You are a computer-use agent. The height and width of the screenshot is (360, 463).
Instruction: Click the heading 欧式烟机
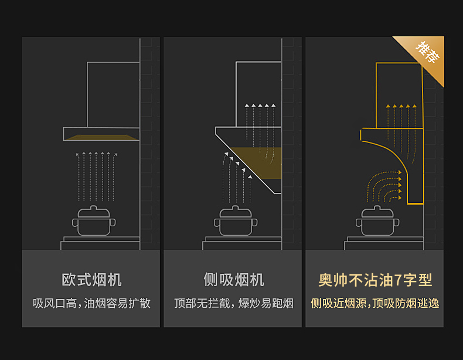(x=91, y=280)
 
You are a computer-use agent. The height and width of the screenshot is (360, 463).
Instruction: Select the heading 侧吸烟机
(x=233, y=280)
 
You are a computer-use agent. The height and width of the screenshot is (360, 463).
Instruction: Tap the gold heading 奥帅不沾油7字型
(x=375, y=280)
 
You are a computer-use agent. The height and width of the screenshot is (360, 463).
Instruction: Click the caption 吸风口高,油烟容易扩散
(x=91, y=303)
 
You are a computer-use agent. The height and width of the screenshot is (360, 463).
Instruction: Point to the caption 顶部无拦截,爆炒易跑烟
(x=233, y=303)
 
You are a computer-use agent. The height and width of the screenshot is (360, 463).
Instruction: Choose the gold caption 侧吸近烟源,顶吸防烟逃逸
(x=375, y=303)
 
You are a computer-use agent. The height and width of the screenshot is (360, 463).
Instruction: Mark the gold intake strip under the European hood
(x=101, y=138)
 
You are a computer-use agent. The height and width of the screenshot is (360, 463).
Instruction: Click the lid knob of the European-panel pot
(x=94, y=207)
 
